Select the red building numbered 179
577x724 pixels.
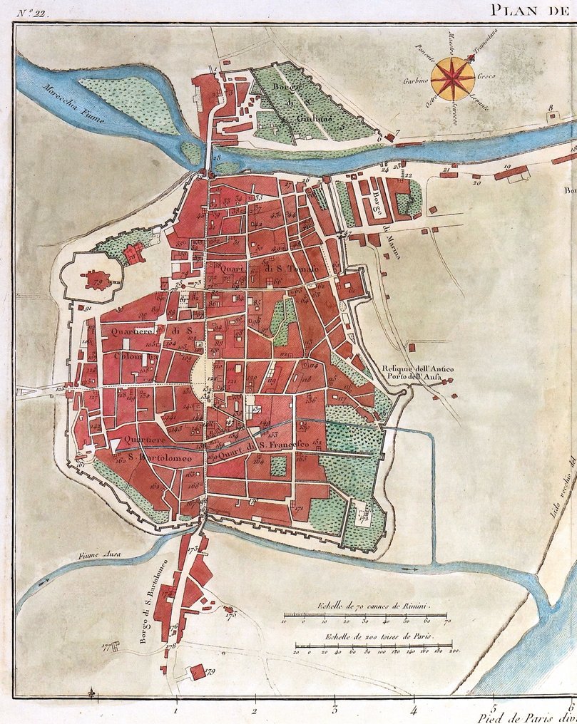click(x=193, y=672)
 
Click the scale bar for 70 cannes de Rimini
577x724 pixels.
click(x=370, y=614)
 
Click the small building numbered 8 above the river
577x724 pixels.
click(x=551, y=115)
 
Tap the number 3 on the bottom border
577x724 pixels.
click(x=334, y=710)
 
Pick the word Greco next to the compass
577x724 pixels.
click(x=487, y=76)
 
